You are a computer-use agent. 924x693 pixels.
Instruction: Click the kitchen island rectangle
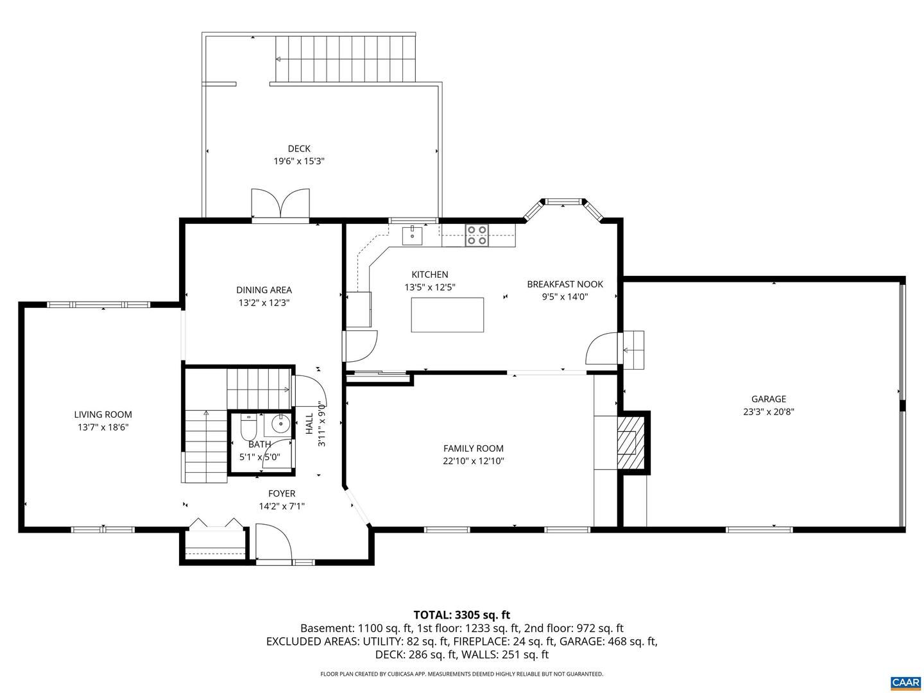[447, 314]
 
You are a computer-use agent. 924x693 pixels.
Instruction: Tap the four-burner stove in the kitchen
[477, 235]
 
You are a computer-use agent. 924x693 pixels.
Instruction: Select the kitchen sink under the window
[412, 235]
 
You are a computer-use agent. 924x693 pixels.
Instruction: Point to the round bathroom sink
[280, 425]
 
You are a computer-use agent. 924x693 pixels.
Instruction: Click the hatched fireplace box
[630, 442]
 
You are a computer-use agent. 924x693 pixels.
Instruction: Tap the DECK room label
[299, 148]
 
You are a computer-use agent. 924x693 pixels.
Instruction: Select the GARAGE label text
[769, 399]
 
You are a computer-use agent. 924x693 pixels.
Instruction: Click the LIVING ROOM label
[103, 415]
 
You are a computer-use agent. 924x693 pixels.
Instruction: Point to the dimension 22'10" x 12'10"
[473, 461]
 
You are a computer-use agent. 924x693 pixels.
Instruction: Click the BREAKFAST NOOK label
[565, 284]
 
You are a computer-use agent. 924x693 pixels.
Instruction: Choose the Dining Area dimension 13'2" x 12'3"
[264, 302]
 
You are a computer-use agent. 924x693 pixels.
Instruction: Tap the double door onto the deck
[280, 203]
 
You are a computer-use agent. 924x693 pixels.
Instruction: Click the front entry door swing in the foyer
[273, 542]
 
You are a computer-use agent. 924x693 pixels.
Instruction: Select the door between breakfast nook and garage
[602, 348]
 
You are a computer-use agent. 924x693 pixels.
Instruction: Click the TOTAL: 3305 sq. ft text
[462, 615]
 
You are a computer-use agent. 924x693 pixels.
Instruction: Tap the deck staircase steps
[346, 59]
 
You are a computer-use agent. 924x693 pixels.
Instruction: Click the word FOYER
[282, 493]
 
